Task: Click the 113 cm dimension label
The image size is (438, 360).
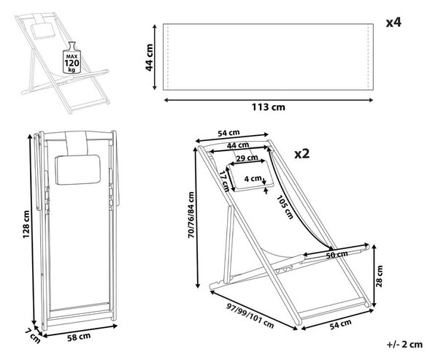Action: [269, 107]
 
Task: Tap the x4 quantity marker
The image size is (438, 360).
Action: [393, 23]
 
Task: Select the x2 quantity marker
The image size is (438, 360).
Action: [302, 153]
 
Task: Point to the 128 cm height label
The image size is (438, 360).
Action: [26, 224]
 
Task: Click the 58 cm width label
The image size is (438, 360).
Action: [79, 337]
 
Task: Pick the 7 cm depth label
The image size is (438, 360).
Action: [33, 336]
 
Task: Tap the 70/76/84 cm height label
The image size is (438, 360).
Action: [191, 215]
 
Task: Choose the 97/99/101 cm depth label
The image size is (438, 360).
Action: [250, 316]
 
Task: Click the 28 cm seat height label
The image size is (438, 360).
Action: [379, 276]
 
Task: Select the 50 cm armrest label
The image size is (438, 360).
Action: [337, 254]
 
